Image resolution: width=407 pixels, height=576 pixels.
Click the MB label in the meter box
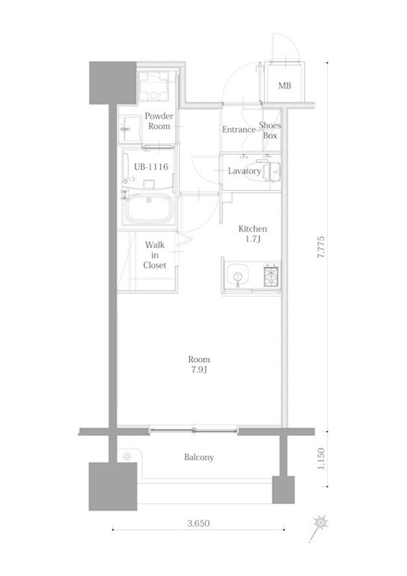pos(284,86)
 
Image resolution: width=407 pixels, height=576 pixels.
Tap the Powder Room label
pos(159,121)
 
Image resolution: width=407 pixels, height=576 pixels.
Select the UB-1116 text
pos(151,167)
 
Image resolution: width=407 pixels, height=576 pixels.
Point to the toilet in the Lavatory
pos(270,170)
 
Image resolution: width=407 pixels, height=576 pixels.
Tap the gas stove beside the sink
pos(271,275)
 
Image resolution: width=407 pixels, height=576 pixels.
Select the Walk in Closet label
pos(155,255)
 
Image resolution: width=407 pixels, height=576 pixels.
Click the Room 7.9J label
pos(199,364)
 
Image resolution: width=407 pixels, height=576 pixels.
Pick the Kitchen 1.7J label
pos(252,234)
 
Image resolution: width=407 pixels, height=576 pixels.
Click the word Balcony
pos(199,457)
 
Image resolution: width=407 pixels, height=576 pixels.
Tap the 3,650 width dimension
pos(199,523)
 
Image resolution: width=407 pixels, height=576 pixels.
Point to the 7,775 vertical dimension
pos(321,247)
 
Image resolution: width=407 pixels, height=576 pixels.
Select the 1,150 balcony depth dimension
pos(321,458)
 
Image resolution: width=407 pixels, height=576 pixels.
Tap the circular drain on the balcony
pos(127,456)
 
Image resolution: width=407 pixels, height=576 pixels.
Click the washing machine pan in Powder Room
pos(153,86)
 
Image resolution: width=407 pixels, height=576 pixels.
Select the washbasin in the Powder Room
pos(130,129)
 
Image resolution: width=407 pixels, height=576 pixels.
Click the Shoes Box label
pos(270,130)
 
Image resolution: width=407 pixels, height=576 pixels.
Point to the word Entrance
pos(239,130)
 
